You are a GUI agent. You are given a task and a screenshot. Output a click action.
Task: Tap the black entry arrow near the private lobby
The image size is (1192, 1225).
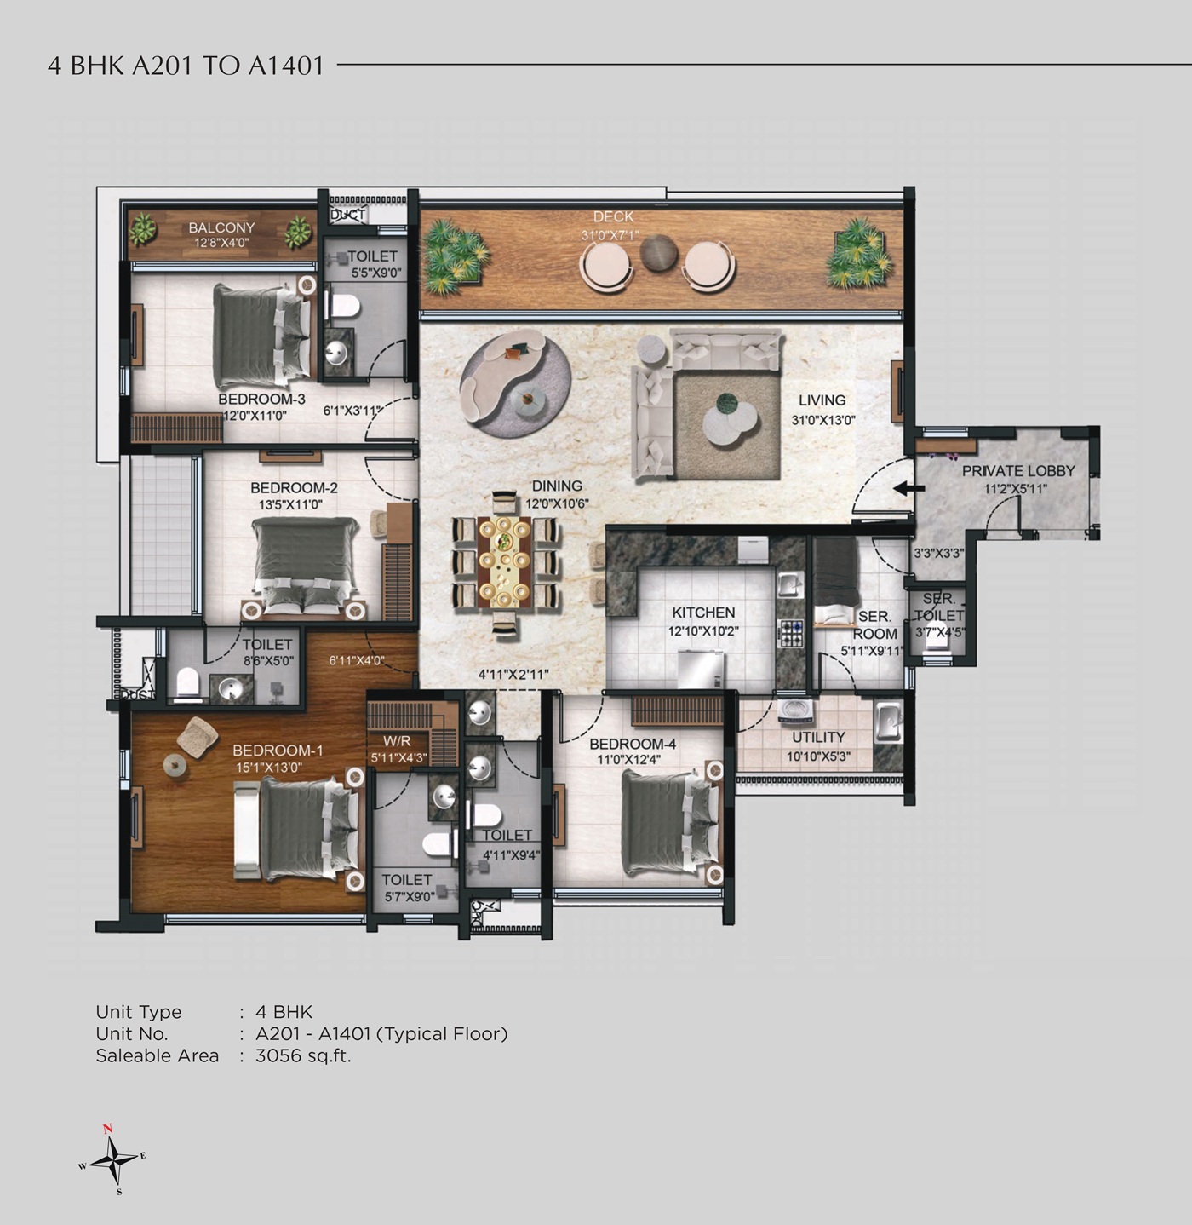click(909, 488)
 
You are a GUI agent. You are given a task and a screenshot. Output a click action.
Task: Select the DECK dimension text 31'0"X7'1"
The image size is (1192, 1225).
click(610, 236)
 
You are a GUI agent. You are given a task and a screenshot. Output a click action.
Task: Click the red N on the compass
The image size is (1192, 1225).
click(107, 1129)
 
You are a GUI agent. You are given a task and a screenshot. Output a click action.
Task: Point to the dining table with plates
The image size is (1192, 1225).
click(505, 558)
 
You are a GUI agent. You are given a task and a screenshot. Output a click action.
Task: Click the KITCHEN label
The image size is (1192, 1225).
click(703, 612)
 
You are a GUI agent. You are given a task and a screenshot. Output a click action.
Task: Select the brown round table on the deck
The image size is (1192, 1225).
click(657, 252)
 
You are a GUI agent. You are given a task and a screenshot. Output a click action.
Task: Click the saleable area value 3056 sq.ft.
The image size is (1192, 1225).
click(303, 1055)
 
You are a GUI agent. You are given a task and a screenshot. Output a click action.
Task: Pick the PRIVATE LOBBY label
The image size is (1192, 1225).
click(1017, 471)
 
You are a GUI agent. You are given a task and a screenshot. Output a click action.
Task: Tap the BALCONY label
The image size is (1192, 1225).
click(221, 227)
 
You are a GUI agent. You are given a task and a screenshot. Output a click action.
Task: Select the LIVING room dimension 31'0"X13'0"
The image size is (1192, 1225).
click(822, 420)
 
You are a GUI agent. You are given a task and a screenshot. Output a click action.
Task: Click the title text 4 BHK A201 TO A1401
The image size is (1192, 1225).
click(186, 66)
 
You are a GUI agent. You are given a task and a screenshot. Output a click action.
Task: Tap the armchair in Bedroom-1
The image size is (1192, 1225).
click(197, 735)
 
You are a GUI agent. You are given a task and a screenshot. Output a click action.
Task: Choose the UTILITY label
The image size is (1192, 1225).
click(818, 737)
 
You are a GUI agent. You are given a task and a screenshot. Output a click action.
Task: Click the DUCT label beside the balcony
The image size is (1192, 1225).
click(347, 216)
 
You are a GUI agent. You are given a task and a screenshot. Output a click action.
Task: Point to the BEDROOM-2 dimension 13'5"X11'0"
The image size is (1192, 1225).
click(290, 504)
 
